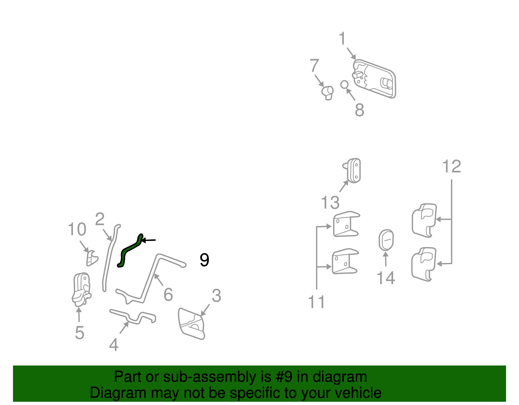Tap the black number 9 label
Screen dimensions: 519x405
click(x=204, y=260)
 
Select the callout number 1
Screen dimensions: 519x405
click(x=342, y=38)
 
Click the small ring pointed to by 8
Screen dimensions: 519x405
click(x=344, y=85)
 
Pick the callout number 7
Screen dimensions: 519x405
click(x=314, y=65)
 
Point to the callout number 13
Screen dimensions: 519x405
click(x=330, y=202)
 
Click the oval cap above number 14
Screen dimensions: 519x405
click(x=386, y=240)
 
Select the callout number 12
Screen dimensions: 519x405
click(x=452, y=166)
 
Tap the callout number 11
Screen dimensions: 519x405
click(x=316, y=302)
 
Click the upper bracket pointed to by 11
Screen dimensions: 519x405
click(x=346, y=224)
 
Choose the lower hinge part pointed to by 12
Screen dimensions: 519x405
click(x=424, y=264)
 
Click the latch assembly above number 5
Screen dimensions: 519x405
click(x=82, y=290)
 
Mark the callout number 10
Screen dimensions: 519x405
click(x=77, y=229)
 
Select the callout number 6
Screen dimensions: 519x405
click(x=168, y=294)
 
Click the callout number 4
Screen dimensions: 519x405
click(x=114, y=345)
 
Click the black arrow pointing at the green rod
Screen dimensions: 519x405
click(x=149, y=240)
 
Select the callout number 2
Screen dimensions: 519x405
click(x=100, y=219)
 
